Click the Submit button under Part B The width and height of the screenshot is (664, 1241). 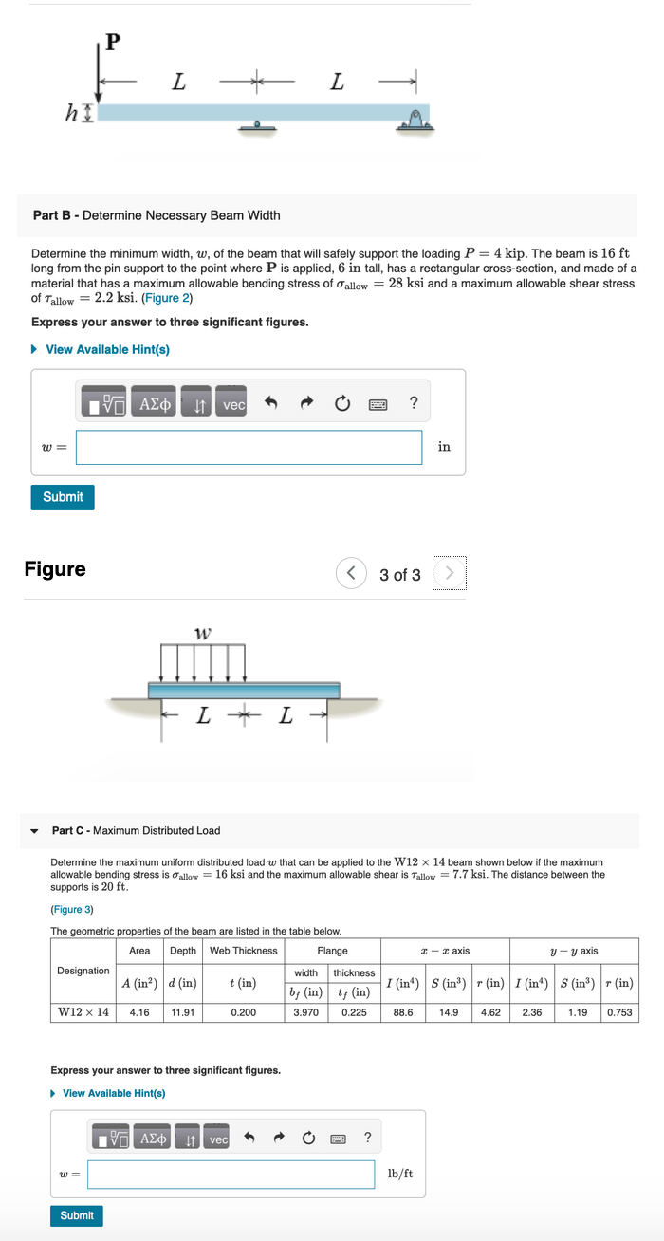63,497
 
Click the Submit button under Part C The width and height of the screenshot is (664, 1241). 77,1215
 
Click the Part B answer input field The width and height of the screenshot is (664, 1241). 249,448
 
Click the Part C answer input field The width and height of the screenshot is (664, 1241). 231,1175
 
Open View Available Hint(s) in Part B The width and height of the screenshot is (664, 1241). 106,349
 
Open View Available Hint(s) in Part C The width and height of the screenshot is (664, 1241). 113,1093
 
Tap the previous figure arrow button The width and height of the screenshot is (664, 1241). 352,574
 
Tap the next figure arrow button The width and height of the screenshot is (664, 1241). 450,574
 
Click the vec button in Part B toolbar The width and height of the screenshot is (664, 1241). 233,404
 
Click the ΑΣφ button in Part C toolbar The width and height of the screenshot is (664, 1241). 154,1139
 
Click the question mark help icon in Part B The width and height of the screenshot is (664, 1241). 414,403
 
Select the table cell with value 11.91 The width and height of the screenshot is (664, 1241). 183,1012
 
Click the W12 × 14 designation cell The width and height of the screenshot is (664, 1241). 83,1012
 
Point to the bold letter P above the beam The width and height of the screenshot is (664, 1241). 113,43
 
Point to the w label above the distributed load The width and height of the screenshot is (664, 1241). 202,632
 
